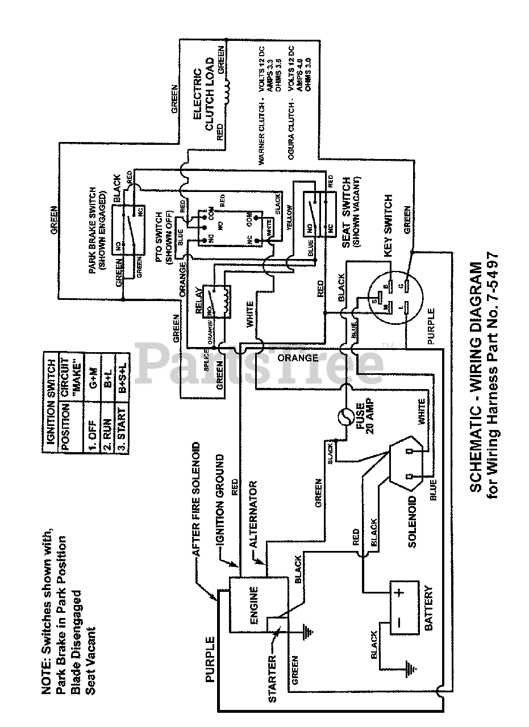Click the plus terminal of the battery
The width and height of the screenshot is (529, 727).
point(400,593)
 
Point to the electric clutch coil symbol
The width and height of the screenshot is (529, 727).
point(230,93)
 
